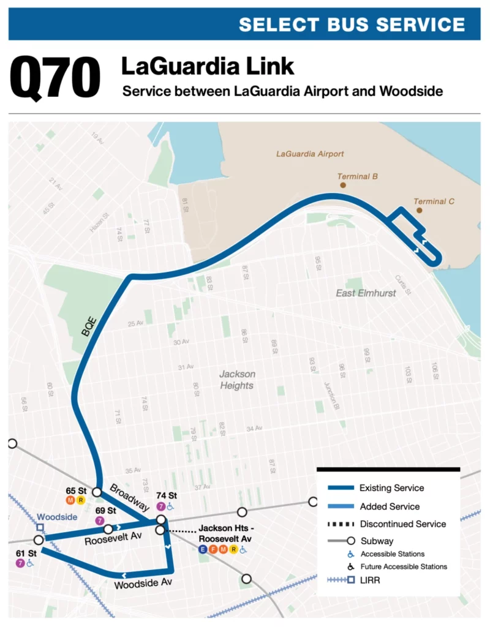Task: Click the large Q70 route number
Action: coord(55,78)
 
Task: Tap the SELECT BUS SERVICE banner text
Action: coord(352,24)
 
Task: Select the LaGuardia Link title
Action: coord(208,66)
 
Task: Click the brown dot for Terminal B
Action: coord(343,184)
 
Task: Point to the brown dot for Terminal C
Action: coord(420,210)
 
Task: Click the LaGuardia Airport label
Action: coord(310,154)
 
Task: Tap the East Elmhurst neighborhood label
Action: coord(366,293)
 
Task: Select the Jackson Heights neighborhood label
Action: coord(237,380)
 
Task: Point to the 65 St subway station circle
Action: coord(97,492)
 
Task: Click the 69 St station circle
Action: coord(108,529)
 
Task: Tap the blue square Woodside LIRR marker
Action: coord(40,527)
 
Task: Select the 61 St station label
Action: coord(26,554)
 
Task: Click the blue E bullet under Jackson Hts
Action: coord(202,549)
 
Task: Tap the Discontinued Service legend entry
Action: coord(402,524)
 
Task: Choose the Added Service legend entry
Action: coord(389,506)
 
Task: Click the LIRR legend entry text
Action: coord(370,579)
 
